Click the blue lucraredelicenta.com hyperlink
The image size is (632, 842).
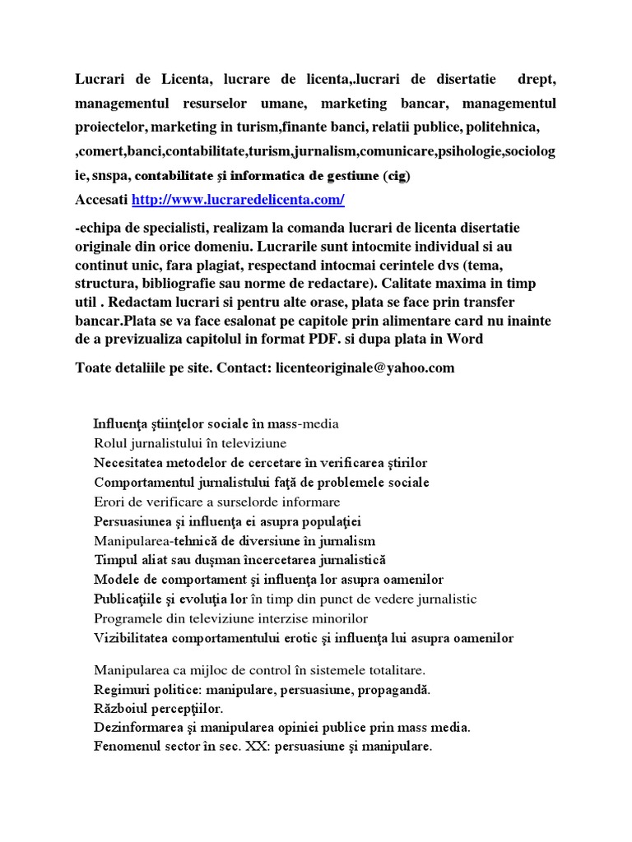click(x=238, y=200)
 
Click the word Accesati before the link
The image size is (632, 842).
click(x=101, y=200)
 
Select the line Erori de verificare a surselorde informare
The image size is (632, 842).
click(x=216, y=502)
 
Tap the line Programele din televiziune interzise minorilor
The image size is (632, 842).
click(x=230, y=618)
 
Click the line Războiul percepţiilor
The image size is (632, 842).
click(x=159, y=708)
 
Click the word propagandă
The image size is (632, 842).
click(x=391, y=689)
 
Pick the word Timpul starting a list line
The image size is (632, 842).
click(x=116, y=560)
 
